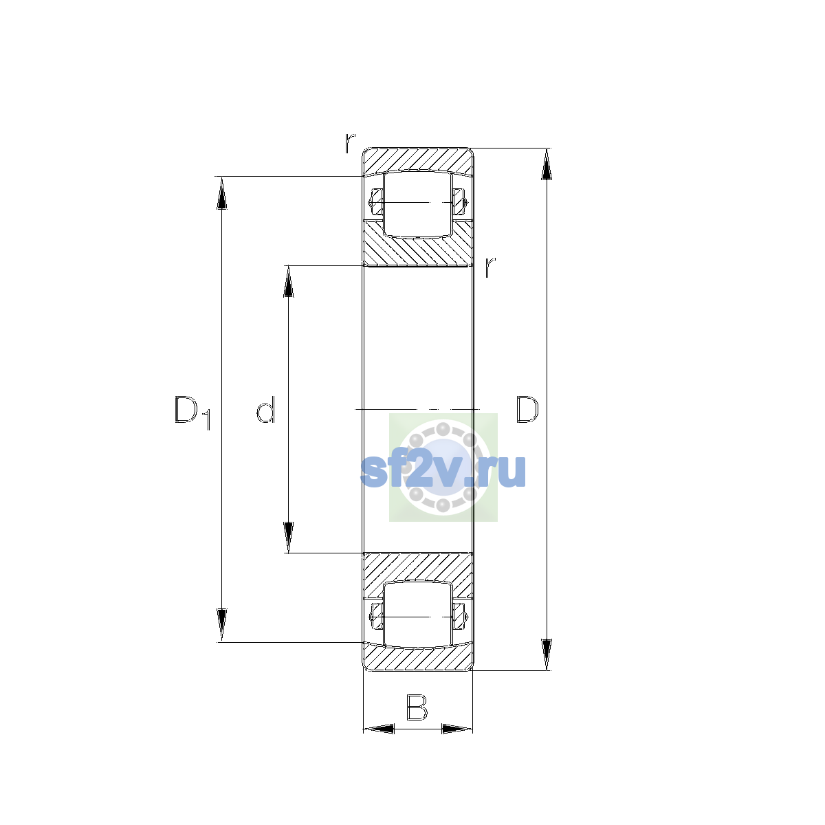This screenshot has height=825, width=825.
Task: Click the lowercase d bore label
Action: pos(265,409)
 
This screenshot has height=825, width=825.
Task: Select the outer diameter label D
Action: pos(527,409)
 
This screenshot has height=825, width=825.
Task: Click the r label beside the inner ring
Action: pos(490,267)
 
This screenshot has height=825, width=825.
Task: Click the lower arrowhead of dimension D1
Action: pos(221,625)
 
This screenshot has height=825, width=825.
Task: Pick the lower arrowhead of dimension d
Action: pos(289,538)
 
